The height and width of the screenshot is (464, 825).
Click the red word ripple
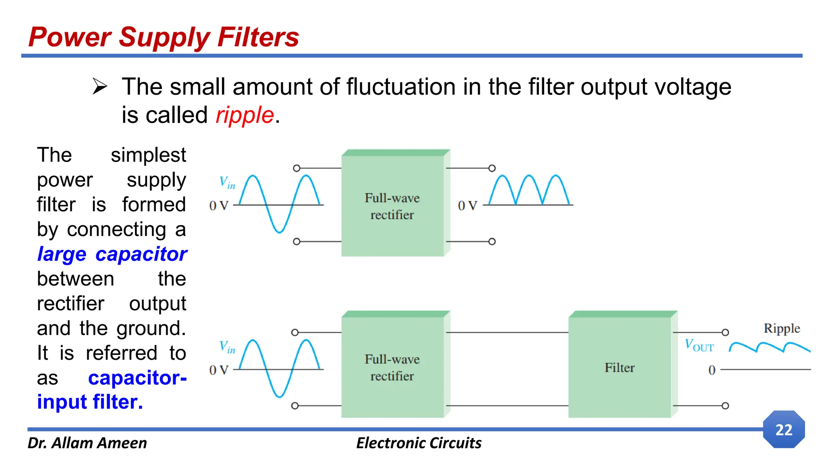coord(245,115)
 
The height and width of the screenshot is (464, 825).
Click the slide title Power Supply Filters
coord(164,37)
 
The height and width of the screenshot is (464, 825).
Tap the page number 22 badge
coord(784,429)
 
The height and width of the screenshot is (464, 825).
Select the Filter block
coord(620,367)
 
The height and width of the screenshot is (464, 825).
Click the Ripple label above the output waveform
coord(781,328)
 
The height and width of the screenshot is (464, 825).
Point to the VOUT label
coord(699,346)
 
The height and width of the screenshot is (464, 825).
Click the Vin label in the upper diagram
coord(227,182)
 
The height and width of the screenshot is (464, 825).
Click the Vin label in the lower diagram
coord(227,346)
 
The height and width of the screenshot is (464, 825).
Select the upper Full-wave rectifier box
coord(392,206)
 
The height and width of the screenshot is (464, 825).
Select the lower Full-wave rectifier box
coord(392,367)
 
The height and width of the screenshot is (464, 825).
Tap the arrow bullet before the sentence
coord(99,86)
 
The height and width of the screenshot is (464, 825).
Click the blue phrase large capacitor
coord(112,254)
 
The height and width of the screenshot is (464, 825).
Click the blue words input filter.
coord(90,402)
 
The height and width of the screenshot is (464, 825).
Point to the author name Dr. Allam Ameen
coord(87,443)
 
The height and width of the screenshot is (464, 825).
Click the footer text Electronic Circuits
coord(419,443)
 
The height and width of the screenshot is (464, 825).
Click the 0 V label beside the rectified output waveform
coord(467,206)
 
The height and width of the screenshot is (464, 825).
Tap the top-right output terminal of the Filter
coord(725,332)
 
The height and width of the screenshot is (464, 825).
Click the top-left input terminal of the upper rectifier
coord(296,168)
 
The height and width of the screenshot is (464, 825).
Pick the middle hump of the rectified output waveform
coord(529,189)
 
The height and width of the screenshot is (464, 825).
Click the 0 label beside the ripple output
coord(712,370)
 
